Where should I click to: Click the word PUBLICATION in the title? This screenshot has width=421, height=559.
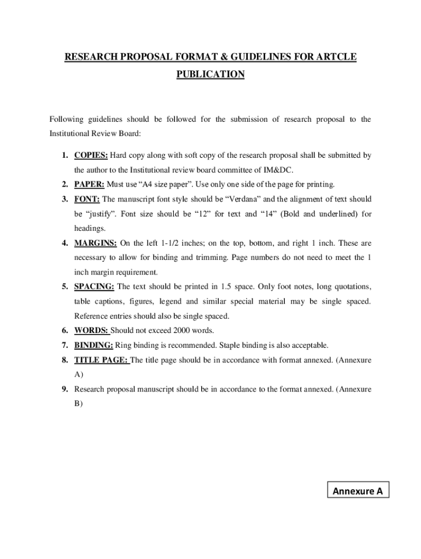click(210, 74)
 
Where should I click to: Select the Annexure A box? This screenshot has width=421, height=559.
click(358, 491)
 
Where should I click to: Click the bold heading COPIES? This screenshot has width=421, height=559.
click(91, 156)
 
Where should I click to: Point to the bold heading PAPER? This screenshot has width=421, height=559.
click(90, 185)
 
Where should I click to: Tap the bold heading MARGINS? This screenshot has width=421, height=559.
click(96, 243)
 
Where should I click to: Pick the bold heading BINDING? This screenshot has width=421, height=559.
click(94, 345)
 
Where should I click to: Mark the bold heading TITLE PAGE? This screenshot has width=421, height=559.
click(101, 360)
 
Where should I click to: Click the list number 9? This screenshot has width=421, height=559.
click(65, 389)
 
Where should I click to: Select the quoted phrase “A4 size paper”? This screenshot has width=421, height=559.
click(156, 185)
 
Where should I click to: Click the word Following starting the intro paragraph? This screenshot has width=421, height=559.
click(67, 120)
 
